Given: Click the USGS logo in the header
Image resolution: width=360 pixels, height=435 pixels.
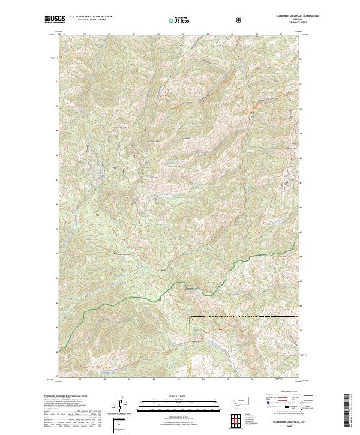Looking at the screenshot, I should click(55, 20).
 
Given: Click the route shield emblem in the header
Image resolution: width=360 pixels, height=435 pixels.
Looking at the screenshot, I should click(240, 20).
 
